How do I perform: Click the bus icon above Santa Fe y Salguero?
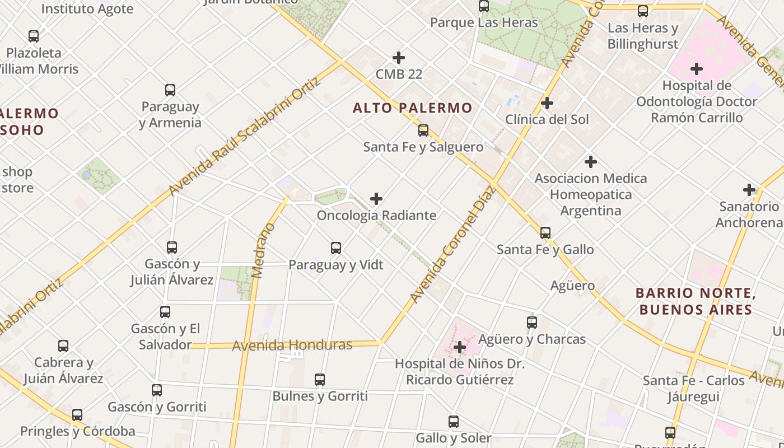coord(423,130)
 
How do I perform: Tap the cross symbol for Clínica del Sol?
coord(547,103)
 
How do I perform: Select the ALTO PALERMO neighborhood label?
coord(412,108)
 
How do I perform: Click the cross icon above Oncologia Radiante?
coord(376,199)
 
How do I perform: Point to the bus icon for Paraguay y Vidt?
coord(336,248)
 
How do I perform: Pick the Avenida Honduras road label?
coord(292,345)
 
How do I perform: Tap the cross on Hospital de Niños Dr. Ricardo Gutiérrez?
coord(460,347)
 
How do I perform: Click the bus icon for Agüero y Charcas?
coord(532,323)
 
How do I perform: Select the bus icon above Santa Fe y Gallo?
coord(545,233)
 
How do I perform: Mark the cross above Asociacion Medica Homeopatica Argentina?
coord(590,162)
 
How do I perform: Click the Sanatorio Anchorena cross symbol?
coord(749,190)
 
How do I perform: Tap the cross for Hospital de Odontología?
coord(697,69)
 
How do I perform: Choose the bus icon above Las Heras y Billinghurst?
coord(643,11)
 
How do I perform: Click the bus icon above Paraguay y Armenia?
coord(170,90)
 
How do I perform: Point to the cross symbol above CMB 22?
coord(399,58)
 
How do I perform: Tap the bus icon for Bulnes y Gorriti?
coord(320,380)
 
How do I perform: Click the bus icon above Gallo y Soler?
coord(454,421)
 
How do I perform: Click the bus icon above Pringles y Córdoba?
coord(77,415)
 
